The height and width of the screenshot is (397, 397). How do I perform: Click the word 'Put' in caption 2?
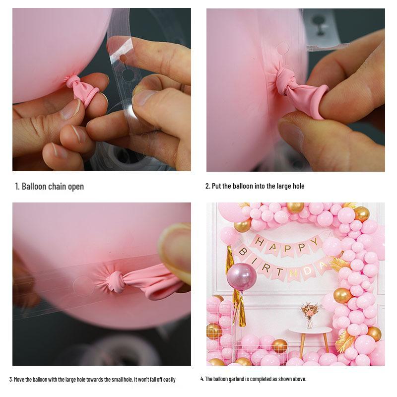pyautogui.click(x=216, y=187)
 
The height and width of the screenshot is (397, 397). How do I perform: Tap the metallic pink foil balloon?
pyautogui.click(x=241, y=276)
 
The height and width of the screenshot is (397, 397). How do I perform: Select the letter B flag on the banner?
pyautogui.click(x=243, y=251)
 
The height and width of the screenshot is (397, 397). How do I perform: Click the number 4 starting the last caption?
pyautogui.click(x=202, y=379)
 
